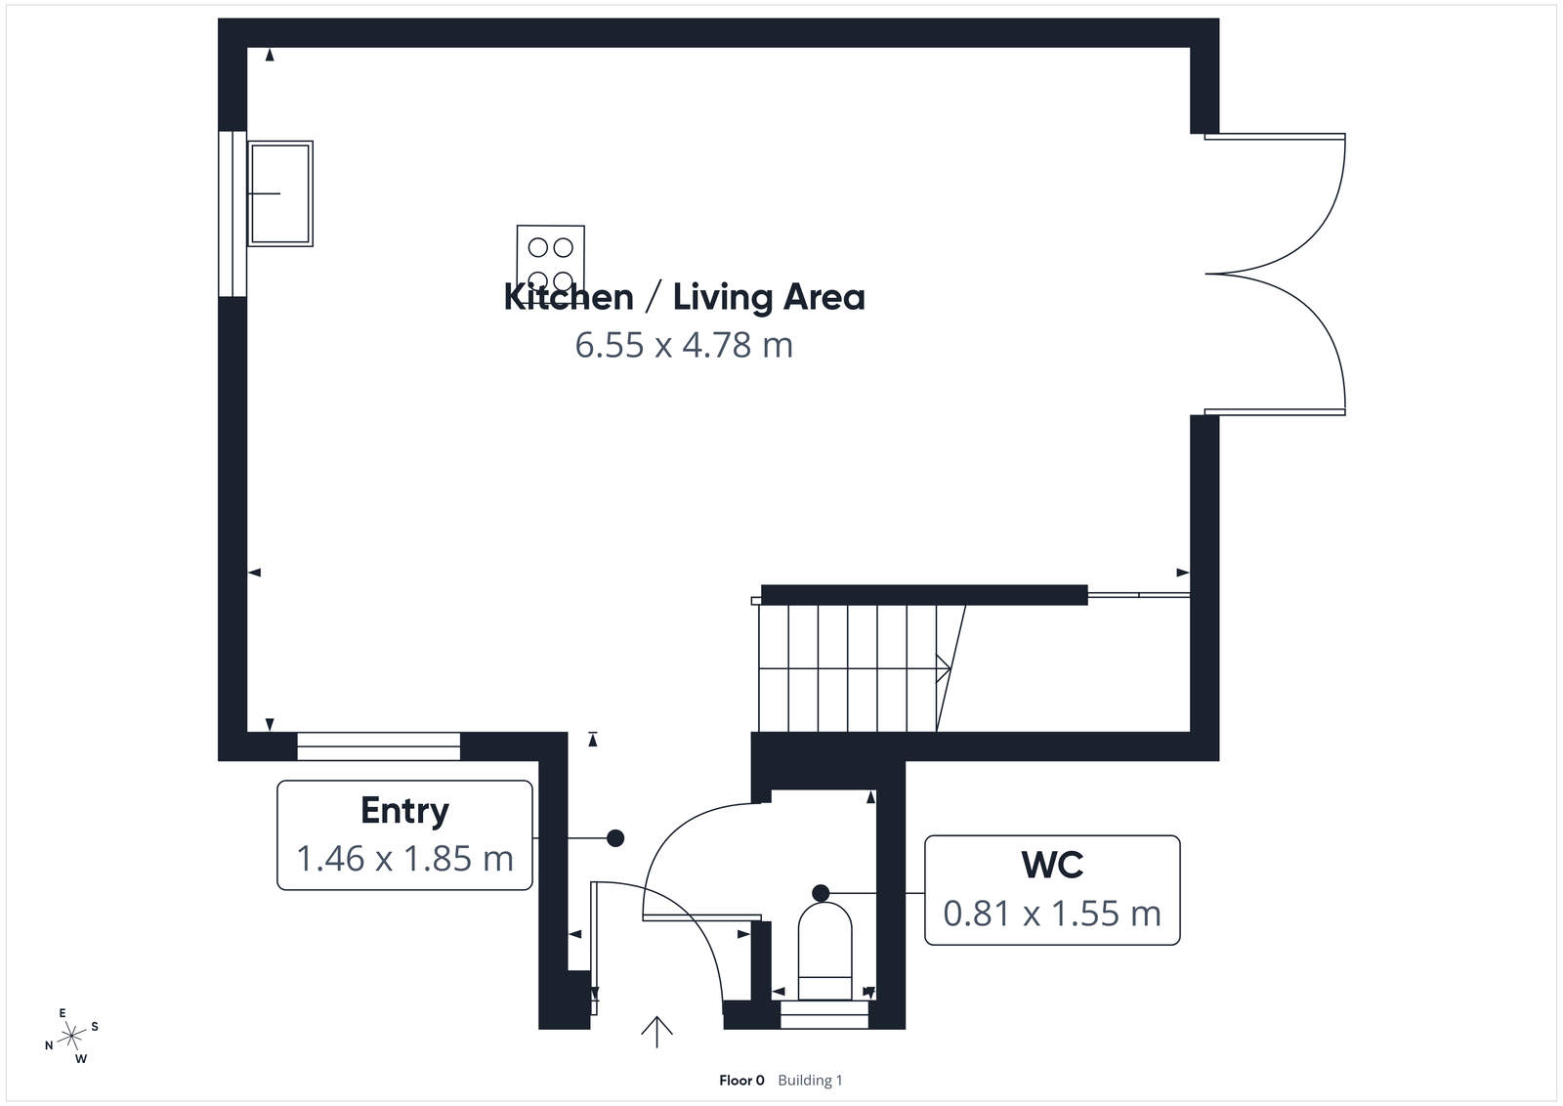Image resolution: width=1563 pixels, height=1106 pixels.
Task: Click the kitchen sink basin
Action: [280, 193]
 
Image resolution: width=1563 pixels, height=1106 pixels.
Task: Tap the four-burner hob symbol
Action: [550, 258]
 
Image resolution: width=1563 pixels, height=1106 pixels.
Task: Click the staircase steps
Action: [848, 668]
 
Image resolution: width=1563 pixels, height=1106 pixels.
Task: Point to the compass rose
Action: [72, 1036]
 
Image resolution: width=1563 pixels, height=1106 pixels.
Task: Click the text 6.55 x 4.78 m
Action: [684, 345]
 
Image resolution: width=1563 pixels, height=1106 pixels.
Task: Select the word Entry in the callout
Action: [404, 810]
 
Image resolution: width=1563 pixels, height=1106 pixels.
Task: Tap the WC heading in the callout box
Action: [1052, 865]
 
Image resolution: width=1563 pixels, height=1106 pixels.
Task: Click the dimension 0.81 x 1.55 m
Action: [1052, 914]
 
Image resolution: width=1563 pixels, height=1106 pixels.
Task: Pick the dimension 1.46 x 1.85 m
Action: [404, 859]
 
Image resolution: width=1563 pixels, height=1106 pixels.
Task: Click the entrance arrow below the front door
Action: [656, 1031]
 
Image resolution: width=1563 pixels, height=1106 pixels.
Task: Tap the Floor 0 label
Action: [741, 1080]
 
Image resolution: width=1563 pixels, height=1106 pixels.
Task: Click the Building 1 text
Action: [810, 1080]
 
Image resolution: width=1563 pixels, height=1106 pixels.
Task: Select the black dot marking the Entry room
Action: [615, 837]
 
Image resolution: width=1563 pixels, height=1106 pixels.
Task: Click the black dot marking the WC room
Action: [821, 892]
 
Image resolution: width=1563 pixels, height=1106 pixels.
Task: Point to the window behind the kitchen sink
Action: [232, 213]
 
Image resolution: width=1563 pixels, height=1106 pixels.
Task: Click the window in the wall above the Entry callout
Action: [378, 746]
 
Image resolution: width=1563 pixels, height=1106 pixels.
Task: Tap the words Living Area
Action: [769, 297]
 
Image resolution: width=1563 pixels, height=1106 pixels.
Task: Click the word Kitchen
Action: [568, 297]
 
